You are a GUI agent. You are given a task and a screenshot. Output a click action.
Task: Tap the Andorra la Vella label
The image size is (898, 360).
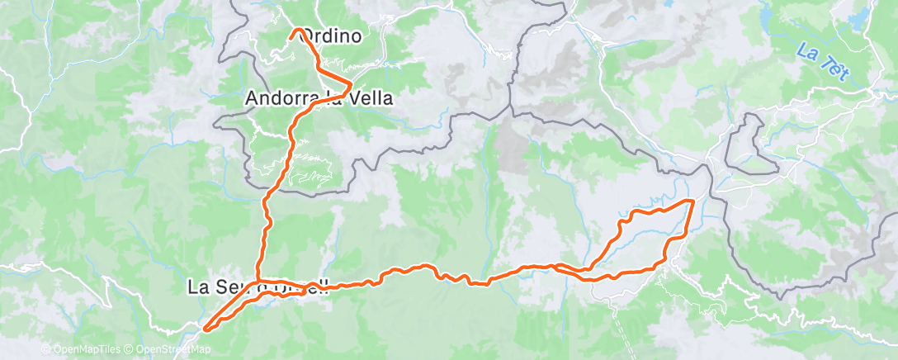319,98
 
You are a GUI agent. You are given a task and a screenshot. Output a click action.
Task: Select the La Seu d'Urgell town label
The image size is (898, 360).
259,287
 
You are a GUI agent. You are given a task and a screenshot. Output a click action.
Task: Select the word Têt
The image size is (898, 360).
837,69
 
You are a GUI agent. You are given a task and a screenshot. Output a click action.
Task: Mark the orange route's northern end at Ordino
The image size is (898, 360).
295,31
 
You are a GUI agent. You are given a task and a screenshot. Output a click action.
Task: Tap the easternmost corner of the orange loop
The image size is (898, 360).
692,201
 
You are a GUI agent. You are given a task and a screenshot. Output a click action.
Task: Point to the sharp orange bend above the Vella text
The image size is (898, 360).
352,84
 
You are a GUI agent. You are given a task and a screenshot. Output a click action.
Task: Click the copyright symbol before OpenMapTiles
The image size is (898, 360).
45,349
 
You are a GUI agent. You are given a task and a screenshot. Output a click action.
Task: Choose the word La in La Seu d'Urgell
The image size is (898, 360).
199,287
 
